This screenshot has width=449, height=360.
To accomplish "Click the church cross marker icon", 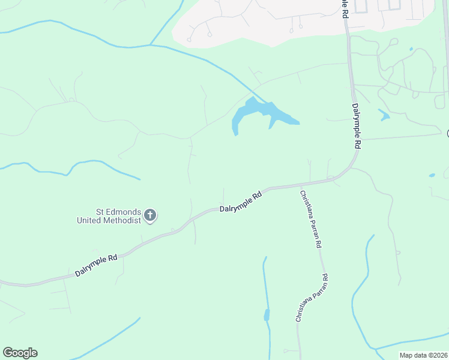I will [150, 215].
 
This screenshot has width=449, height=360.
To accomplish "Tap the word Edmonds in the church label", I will [126, 212].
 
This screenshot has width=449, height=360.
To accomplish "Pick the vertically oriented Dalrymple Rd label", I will [356, 126].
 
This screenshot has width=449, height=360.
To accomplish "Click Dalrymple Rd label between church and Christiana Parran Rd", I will [241, 202].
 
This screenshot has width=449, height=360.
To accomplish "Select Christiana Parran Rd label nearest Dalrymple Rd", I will [312, 220].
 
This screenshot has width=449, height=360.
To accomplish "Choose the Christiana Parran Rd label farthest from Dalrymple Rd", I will [311, 298].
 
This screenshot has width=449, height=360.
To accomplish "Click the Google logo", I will [20, 353].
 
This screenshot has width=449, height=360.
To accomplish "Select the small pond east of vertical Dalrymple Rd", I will [384, 115].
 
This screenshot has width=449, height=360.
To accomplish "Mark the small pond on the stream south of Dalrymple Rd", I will [267, 315].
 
